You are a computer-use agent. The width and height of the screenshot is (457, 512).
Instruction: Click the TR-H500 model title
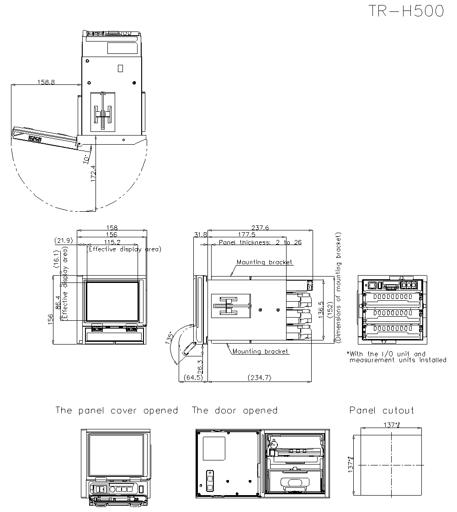pos(406,11)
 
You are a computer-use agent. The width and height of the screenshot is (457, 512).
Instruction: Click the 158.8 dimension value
pos(46,82)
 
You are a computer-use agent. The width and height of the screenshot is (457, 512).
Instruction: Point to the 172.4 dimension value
pos(93,173)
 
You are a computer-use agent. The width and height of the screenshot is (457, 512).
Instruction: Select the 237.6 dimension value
pos(260,227)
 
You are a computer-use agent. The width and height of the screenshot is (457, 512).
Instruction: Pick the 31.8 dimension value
pos(200,235)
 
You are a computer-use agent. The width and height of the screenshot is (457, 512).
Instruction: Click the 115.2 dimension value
pos(112,242)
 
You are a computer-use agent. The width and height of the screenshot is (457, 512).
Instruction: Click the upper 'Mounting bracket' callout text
pos(265,262)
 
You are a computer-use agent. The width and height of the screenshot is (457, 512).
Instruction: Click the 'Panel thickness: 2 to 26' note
pos(260,242)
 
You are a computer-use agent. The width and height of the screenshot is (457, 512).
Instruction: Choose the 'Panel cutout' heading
pos(382,410)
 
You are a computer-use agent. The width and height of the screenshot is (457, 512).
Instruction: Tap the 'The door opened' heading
pos(234,410)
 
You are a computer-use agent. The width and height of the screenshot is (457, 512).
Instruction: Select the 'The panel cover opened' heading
pos(117,410)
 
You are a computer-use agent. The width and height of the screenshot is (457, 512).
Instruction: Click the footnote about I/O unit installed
pos(396,357)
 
